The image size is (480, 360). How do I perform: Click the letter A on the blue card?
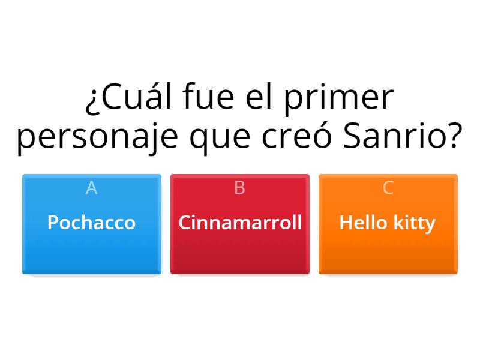pos(91,188)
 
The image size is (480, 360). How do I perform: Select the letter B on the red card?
pos(239,188)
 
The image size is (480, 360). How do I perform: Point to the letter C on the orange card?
pos(388,188)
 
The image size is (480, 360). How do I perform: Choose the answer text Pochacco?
pos(91,223)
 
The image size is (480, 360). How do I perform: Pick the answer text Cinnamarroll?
pos(240,223)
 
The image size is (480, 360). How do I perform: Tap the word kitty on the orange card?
pos(415,223)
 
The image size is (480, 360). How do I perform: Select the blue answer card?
pos(91,252)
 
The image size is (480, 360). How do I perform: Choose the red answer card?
pos(240,252)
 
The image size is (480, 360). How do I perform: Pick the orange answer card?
pos(388,252)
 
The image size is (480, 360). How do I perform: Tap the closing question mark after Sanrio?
pos(455,137)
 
